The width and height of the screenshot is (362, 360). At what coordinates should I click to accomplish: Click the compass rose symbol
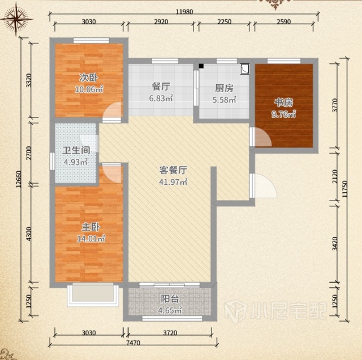[16, 19]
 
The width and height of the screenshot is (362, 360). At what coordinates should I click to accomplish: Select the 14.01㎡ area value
[91, 238]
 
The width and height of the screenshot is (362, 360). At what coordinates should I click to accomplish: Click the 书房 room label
[284, 103]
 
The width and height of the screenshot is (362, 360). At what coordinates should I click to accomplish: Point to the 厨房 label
[224, 88]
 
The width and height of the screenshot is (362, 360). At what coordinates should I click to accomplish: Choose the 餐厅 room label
[161, 86]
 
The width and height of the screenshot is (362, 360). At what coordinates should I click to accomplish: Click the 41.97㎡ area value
[173, 182]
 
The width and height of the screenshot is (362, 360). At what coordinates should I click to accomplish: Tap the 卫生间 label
[76, 150]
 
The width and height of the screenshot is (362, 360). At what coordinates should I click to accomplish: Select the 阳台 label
[170, 299]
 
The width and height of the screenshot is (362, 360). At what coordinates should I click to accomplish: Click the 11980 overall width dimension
[184, 11]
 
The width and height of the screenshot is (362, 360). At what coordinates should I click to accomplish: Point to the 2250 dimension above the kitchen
[224, 21]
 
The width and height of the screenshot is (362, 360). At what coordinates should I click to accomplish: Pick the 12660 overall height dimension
[19, 179]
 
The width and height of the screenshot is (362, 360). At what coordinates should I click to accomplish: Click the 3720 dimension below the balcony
[170, 332]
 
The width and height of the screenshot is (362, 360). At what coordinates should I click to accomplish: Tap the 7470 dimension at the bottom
[133, 342]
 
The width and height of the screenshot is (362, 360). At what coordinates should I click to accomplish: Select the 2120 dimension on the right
[335, 176]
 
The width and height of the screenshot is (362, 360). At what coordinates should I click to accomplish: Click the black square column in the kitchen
[201, 66]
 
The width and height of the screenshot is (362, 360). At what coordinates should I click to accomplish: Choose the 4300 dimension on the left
[29, 234]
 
